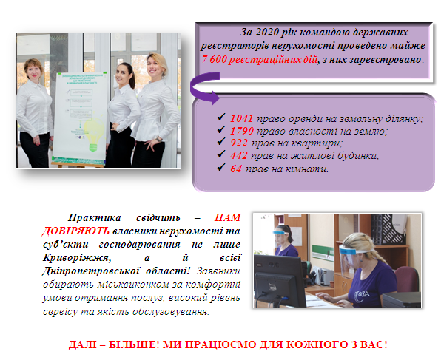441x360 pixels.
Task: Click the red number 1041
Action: click(242, 118)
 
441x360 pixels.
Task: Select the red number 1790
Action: click(242, 131)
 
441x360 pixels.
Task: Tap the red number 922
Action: click(239, 143)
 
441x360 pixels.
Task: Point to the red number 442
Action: click(239, 155)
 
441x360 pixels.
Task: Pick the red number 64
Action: click(236, 169)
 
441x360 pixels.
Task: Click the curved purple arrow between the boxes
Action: click(194, 87)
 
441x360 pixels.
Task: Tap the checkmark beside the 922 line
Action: click(221, 141)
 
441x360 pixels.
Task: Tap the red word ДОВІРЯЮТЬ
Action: click(75, 231)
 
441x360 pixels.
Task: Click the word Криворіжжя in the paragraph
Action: click(75, 258)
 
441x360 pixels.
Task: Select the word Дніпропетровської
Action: click(91, 271)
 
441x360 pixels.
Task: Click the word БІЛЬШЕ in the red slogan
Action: click(134, 344)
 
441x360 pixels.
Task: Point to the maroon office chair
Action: click(407, 279)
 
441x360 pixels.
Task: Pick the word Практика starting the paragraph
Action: click(94, 218)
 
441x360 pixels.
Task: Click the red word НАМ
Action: click(228, 217)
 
